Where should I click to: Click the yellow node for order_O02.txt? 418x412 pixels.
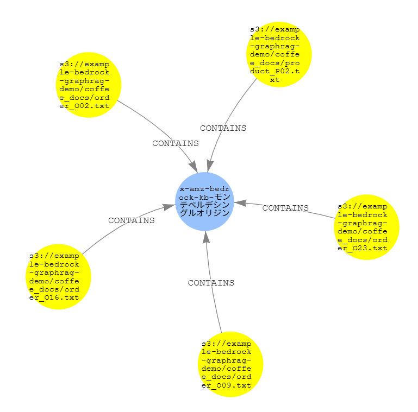coord(89,85)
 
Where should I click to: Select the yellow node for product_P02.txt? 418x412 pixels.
coord(279,54)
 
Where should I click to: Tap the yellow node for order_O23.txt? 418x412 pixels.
coord(366,227)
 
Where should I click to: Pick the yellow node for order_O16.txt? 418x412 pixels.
coord(58,276)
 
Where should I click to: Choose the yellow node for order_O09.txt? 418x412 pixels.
coord(230,364)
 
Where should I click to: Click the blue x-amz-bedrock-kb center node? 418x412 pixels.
coord(204,201)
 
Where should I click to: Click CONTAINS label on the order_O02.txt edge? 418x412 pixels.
coord(176,143)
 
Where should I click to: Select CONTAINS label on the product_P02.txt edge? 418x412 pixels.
coord(223,128)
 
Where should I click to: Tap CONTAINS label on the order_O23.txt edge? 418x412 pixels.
coord(285,208)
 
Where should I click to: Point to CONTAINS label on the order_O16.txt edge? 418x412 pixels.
coord(132,220)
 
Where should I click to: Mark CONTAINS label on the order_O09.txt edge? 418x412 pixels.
coord(211,283)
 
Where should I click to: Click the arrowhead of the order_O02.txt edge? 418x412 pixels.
coord(194,167)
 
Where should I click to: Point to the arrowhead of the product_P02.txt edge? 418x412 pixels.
coord(210,167)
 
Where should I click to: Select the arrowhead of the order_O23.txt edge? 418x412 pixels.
coord(240,203)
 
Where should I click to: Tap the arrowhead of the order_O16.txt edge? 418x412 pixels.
coord(169,207)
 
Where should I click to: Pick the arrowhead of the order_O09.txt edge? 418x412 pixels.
coord(206,237)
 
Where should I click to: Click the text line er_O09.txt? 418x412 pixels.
coord(226,385)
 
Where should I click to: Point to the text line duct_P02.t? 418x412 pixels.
coord(274,71)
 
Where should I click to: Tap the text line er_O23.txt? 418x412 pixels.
coord(362,248)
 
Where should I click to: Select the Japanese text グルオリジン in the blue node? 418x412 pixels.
coord(204,213)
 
